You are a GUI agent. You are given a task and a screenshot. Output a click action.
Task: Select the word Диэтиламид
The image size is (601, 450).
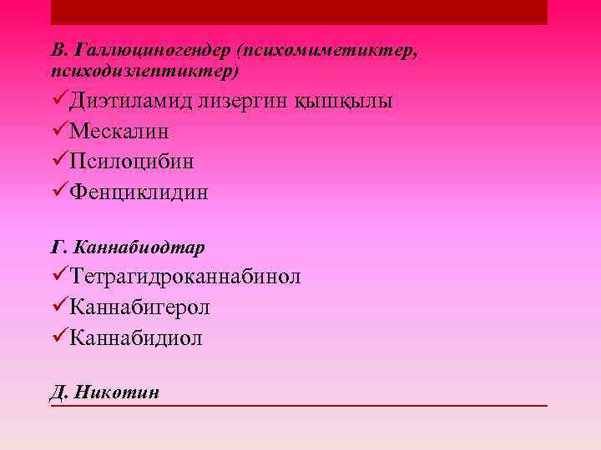coord(131,102)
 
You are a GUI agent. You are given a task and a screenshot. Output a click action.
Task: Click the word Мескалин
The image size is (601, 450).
coord(119,132)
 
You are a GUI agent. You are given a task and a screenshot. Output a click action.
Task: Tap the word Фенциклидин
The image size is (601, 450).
coord(139,192)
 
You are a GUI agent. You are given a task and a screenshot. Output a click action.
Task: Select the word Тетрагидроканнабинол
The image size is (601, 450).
coord(185,277)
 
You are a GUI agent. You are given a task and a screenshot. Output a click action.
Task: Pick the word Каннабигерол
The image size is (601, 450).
coord(139,307)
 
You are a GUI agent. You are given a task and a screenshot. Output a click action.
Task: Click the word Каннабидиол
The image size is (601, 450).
coord(136,338)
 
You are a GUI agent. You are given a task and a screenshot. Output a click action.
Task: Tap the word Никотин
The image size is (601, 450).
coord(118,392)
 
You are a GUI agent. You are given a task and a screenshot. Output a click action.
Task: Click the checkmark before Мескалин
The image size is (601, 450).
coord(58,132)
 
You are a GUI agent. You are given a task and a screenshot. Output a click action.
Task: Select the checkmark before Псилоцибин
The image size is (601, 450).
coord(58,162)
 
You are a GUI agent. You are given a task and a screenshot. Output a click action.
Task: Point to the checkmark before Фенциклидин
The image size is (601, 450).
coord(58,192)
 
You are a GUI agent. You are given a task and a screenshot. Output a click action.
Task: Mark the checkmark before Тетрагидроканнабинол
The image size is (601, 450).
coord(58,277)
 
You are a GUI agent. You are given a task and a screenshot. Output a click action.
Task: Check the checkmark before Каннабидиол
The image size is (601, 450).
coord(58,338)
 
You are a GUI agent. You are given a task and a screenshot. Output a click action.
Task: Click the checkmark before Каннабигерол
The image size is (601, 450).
coord(58,307)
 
